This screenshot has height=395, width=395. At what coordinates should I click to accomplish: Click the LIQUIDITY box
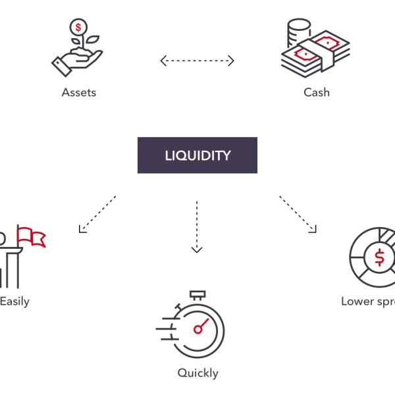(197, 155)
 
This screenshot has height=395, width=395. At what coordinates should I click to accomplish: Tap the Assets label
(79, 92)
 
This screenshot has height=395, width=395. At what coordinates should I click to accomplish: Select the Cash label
(316, 92)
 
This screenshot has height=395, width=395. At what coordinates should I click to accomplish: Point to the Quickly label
(197, 373)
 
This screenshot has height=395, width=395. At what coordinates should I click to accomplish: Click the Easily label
(14, 302)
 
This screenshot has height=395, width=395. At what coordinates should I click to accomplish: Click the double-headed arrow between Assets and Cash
(197, 61)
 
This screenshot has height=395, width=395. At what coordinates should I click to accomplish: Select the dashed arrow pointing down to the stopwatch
(197, 226)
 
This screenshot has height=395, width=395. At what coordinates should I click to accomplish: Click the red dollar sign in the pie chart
(380, 258)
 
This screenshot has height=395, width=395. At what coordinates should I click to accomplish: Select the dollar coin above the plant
(79, 28)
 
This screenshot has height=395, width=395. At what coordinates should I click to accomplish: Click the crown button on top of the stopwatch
(197, 294)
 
